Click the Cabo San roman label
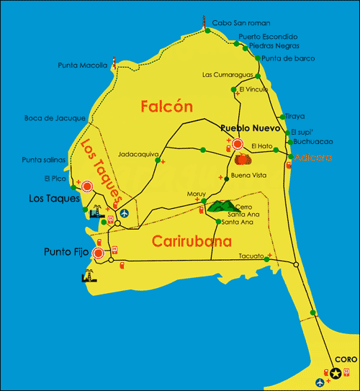240,23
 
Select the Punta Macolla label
83,66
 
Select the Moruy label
196,194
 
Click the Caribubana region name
192,242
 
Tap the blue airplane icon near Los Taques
125,214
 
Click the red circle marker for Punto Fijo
98,253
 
